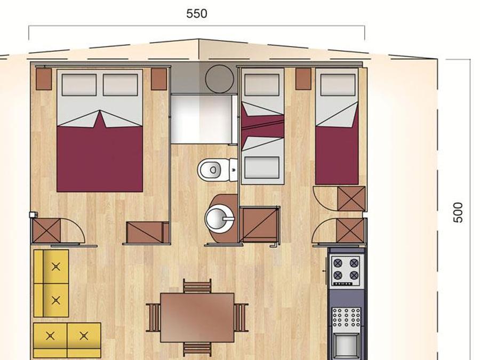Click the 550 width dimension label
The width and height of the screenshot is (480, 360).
[196, 14]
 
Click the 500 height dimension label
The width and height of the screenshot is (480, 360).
[458, 212]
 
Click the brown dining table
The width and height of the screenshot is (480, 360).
[197, 317]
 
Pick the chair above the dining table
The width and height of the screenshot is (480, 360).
[197, 286]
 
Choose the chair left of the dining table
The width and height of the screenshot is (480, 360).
[153, 317]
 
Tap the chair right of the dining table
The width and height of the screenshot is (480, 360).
[241, 317]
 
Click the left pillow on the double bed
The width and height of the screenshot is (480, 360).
[79, 85]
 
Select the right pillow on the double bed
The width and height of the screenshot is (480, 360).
[121, 85]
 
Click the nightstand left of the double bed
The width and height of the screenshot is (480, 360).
[44, 79]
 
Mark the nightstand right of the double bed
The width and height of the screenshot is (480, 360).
[159, 79]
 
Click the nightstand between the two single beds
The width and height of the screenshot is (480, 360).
[303, 79]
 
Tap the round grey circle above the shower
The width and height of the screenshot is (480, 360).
[219, 79]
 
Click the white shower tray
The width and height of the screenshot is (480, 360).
[202, 119]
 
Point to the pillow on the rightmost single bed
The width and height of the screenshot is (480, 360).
[338, 85]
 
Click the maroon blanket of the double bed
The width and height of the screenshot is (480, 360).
[100, 156]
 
